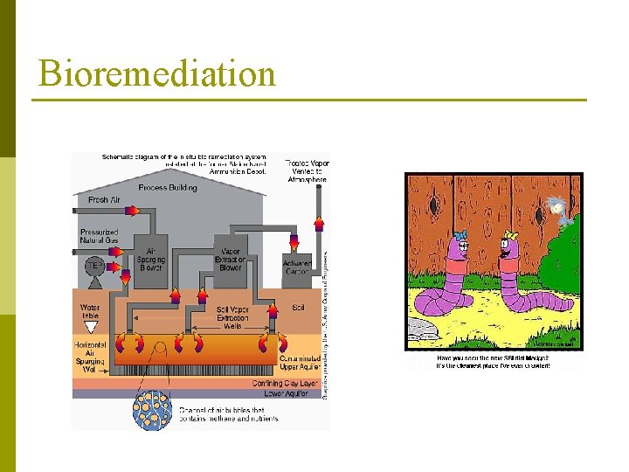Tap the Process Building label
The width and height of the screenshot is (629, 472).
click(x=168, y=187)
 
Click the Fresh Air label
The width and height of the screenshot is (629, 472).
click(x=104, y=200)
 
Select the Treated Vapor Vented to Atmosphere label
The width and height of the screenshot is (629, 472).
click(x=308, y=170)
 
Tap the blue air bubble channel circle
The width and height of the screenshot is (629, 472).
click(x=155, y=408)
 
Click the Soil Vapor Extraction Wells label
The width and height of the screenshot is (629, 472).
click(x=231, y=316)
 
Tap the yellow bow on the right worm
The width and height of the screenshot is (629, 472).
click(x=509, y=235)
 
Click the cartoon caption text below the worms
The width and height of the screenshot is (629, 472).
click(x=494, y=361)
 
